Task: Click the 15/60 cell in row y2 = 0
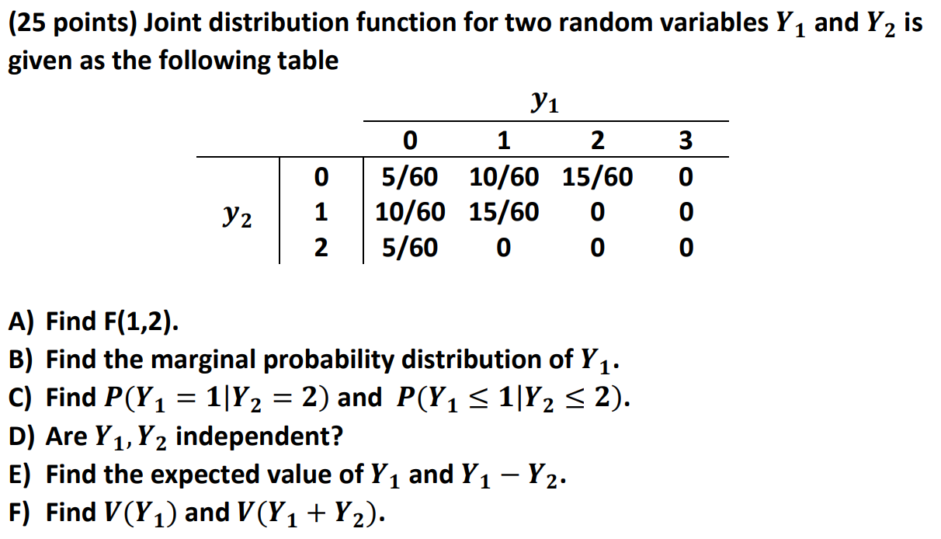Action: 597,178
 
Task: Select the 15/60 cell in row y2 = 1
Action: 504,212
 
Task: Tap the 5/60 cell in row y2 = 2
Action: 410,248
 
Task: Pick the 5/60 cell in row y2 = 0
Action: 410,178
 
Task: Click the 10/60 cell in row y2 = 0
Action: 504,178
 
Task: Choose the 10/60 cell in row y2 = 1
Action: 410,212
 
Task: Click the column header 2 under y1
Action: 596,141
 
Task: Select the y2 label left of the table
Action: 238,214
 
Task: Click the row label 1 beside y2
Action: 321,212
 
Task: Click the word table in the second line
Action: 310,61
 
